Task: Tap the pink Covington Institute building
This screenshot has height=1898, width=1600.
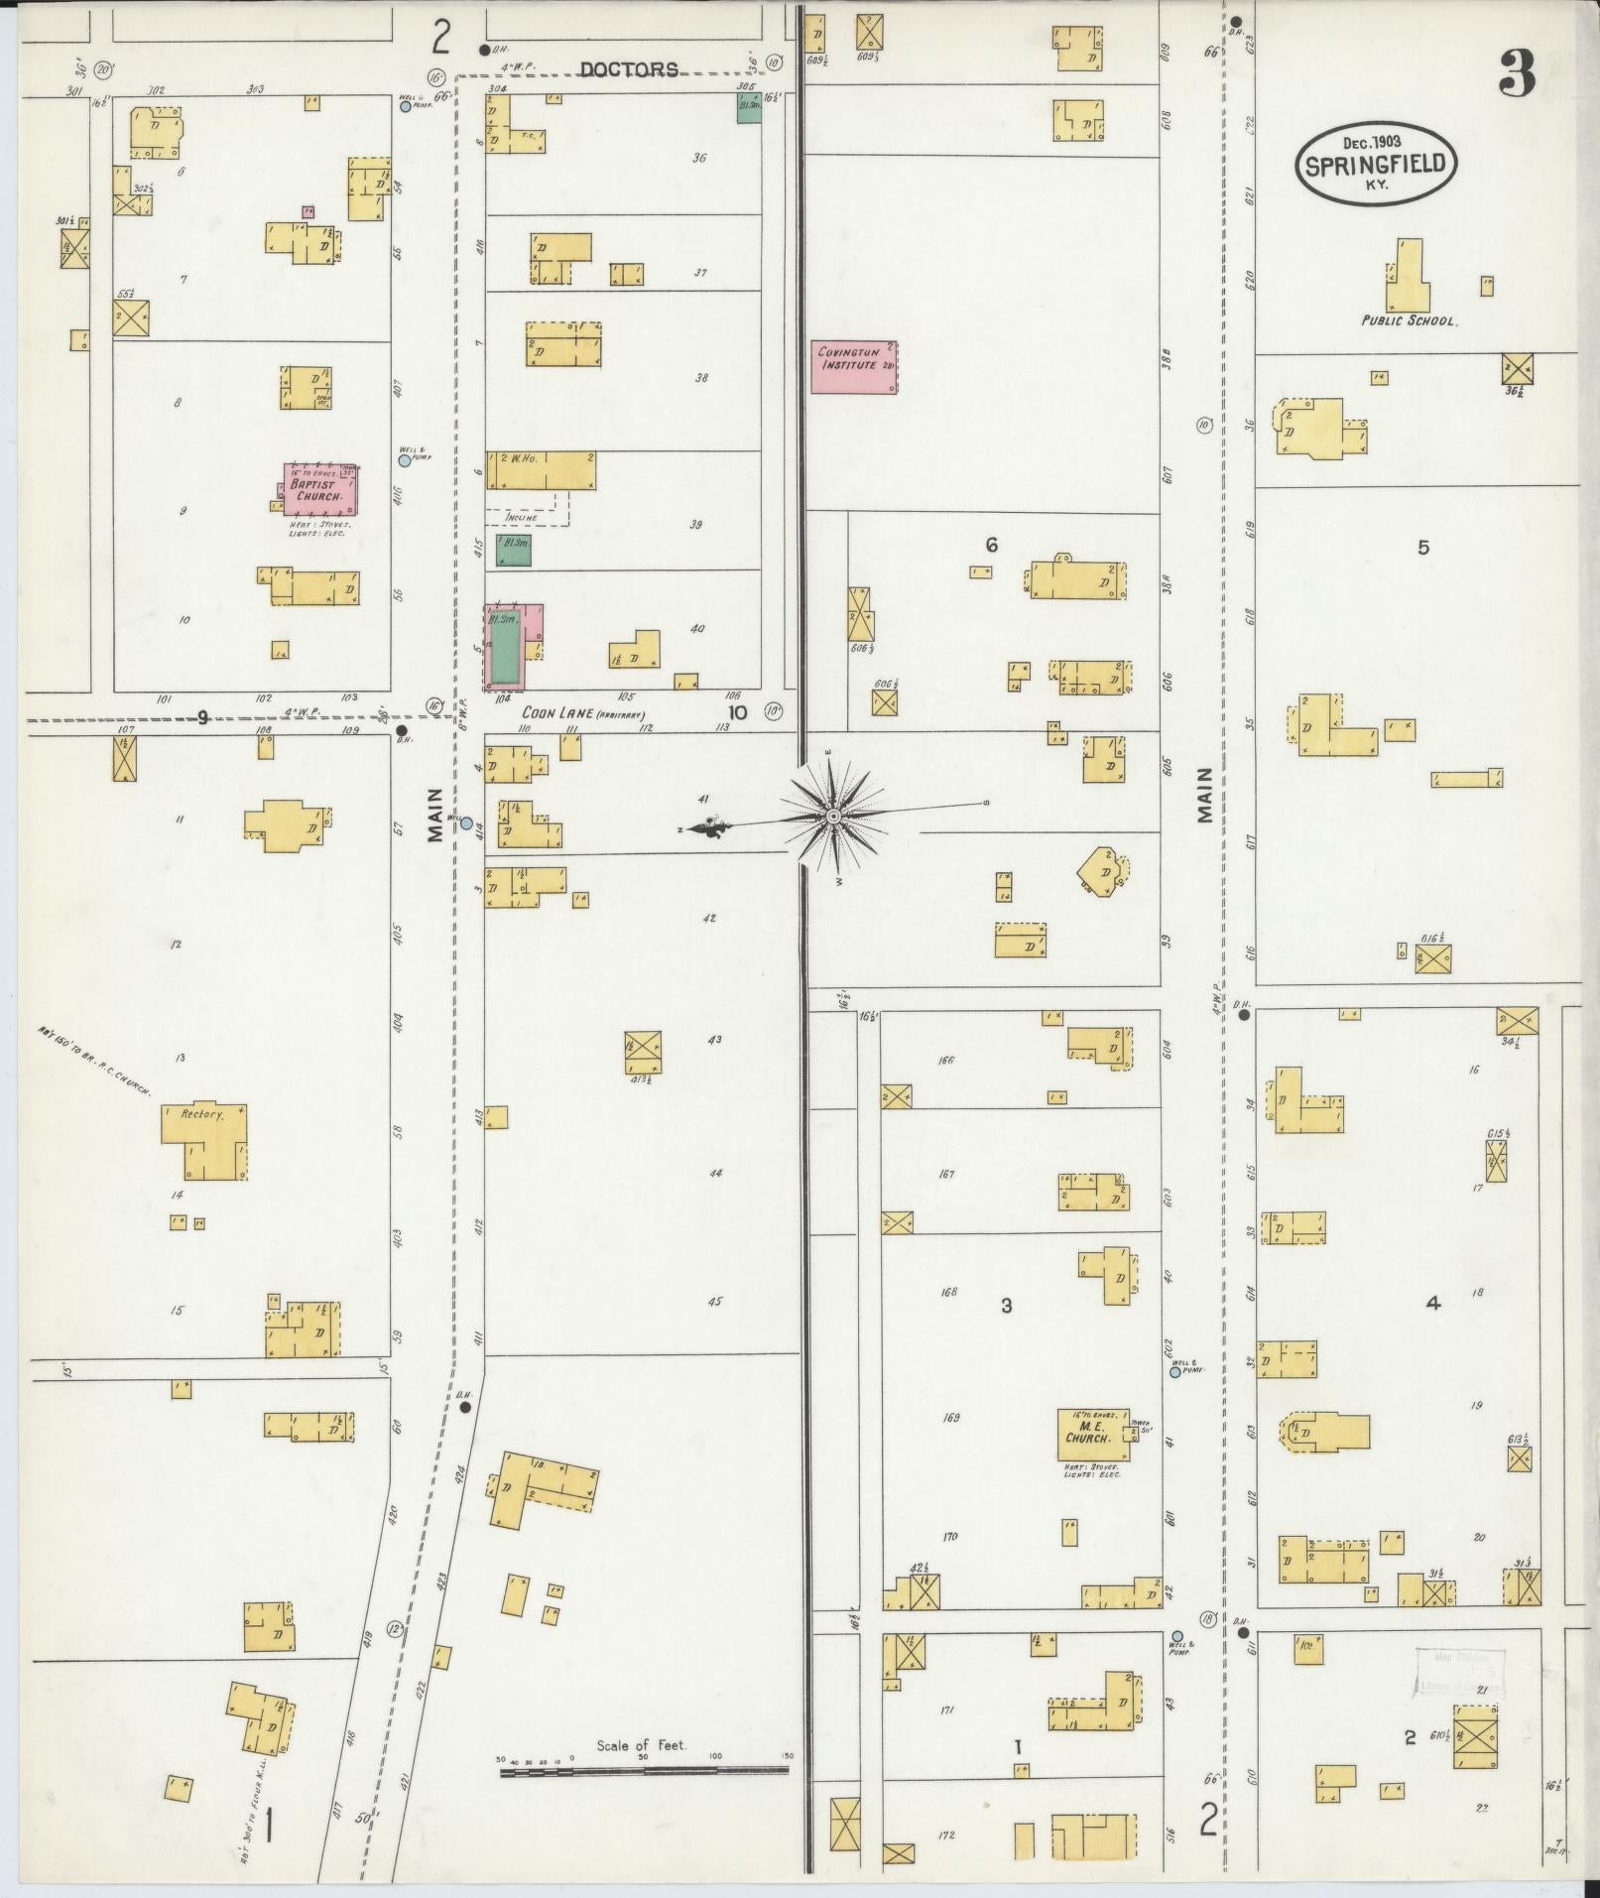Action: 853,366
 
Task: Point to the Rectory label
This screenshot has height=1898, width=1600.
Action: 202,1114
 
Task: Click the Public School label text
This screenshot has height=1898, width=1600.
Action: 1408,321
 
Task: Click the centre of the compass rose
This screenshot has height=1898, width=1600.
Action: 833,816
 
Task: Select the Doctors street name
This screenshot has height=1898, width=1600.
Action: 629,69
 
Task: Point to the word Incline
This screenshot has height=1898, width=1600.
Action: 521,517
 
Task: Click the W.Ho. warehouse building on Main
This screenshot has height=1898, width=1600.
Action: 541,470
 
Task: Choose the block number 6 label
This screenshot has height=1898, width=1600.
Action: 990,545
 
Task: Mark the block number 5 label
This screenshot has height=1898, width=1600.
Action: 1423,547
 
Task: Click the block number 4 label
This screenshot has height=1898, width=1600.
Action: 1432,1304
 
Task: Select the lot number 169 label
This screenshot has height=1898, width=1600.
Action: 950,1418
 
